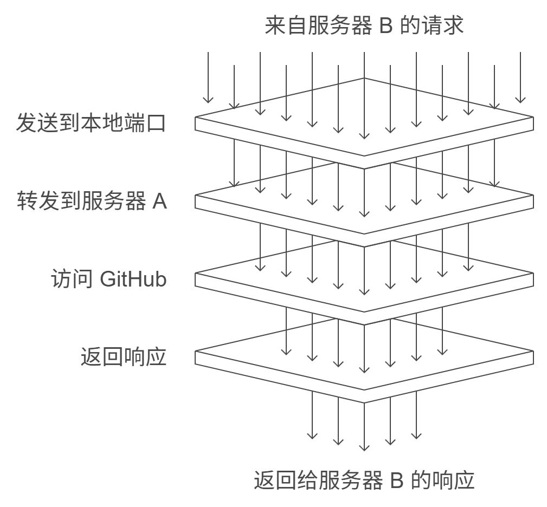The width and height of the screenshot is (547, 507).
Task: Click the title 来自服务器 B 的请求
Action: point(364,25)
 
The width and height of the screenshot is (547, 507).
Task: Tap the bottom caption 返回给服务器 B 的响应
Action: point(364,480)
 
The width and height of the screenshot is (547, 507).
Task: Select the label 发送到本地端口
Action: point(91,122)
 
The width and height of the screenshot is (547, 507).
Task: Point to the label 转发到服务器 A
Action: point(92,201)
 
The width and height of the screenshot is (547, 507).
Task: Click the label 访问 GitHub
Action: point(109,279)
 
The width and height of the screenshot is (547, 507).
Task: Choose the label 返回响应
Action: point(124,357)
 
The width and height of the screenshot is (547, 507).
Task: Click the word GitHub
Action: point(133,279)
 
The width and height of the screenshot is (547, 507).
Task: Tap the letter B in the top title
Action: point(385,25)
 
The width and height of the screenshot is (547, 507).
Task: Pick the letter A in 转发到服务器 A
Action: point(160,201)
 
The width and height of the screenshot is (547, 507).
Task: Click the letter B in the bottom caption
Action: point(397,480)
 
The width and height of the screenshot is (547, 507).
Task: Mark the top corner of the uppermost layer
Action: point(364,78)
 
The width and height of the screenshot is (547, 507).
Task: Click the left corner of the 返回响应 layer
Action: point(195,351)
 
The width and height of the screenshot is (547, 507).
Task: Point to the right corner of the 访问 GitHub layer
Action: point(533,273)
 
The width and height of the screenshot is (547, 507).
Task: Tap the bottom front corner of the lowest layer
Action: point(364,403)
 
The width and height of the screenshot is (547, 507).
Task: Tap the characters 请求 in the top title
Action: point(442,25)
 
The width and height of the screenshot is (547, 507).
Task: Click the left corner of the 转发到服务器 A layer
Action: point(195,195)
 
